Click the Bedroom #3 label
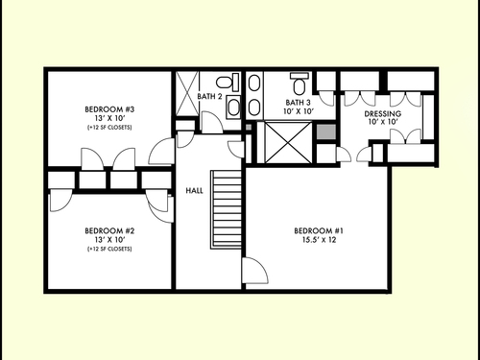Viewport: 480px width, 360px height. click(x=109, y=109)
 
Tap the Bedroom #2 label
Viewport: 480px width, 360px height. click(x=109, y=230)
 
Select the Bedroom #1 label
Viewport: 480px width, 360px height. click(x=319, y=230)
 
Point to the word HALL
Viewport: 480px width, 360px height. click(x=194, y=191)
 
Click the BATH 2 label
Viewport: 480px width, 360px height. click(x=209, y=96)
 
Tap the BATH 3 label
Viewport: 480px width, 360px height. click(x=298, y=103)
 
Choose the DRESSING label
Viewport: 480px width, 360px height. click(x=383, y=113)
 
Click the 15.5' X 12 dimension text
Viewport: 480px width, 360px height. click(x=319, y=240)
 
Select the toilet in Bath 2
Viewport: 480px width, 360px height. click(x=228, y=83)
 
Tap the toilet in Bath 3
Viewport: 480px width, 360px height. click(x=300, y=84)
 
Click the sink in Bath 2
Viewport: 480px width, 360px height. click(x=233, y=107)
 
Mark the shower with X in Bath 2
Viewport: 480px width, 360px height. click(x=187, y=93)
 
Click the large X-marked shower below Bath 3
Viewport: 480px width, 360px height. click(x=288, y=142)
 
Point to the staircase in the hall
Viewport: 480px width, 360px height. click(x=226, y=209)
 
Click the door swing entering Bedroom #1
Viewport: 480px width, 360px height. click(x=255, y=271)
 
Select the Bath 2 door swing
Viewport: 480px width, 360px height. click(x=212, y=122)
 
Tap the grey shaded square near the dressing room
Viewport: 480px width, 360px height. click(x=326, y=132)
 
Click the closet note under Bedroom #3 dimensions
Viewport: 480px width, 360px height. click(x=109, y=128)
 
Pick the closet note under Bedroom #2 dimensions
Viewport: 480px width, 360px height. click(x=109, y=249)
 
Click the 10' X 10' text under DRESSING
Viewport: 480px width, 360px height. click(x=383, y=122)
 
